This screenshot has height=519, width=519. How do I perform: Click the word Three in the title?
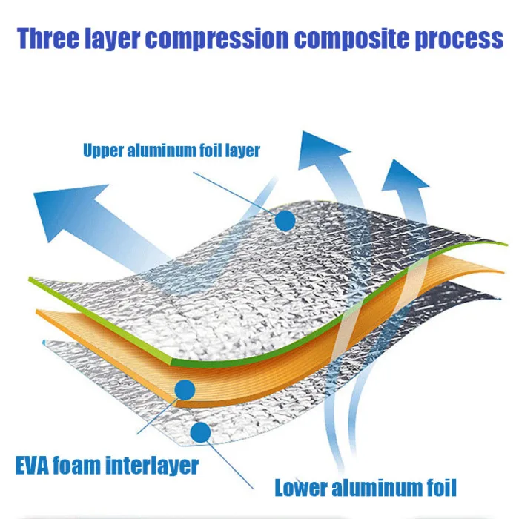tap(52, 39)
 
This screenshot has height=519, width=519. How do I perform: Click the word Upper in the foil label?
tap(102, 151)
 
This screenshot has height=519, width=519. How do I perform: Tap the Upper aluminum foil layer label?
tap(171, 151)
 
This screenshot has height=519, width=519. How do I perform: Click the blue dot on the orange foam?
tap(184, 388)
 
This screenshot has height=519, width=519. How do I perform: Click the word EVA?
tap(35, 466)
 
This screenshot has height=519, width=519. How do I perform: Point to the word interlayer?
tap(155, 466)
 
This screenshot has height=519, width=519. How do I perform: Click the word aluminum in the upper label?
tap(160, 151)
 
